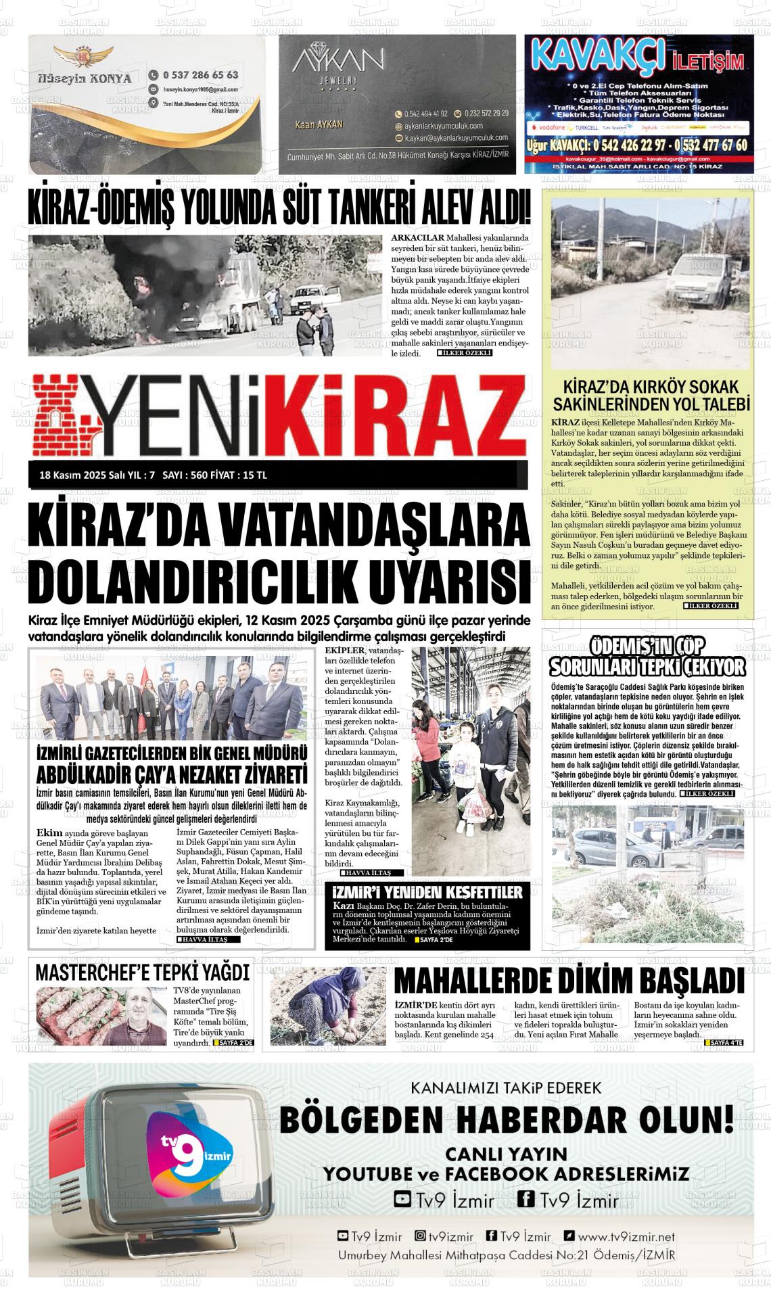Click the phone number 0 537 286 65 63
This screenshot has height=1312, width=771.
pyautogui.click(x=200, y=74)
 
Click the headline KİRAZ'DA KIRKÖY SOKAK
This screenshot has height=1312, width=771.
pyautogui.click(x=652, y=388)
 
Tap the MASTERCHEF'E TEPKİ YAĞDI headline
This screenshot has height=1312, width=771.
pyautogui.click(x=142, y=973)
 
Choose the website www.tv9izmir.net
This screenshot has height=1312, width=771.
pyautogui.click(x=626, y=1236)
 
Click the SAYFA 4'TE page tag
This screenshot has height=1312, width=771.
pyautogui.click(x=726, y=1043)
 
